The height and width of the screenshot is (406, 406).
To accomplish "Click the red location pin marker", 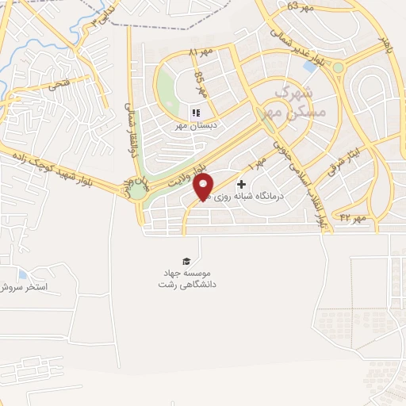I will point(204,187).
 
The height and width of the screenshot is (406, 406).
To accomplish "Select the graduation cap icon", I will point(186,260).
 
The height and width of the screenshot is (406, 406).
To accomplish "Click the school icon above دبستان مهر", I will point(196,113).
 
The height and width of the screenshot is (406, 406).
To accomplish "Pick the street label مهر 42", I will point(351,216).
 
